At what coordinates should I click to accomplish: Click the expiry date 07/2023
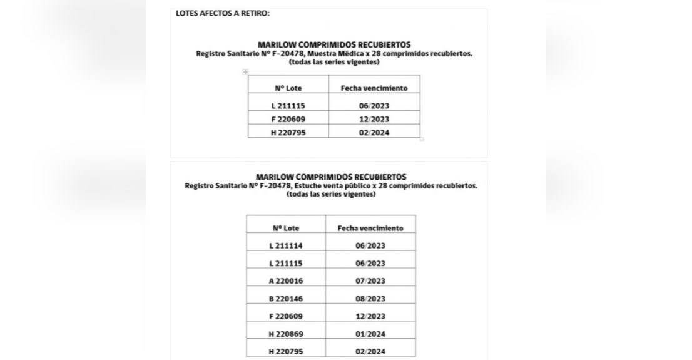370,281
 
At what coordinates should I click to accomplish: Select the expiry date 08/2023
370,299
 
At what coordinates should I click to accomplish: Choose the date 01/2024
370,334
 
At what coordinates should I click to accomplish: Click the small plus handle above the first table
245,72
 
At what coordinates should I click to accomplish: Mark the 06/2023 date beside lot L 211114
370,245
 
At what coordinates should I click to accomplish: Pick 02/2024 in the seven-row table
370,351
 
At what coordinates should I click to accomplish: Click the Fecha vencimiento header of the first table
374,88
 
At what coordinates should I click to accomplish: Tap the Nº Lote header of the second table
286,229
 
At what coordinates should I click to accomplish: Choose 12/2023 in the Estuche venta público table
370,316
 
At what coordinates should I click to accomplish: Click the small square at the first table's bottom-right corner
422,139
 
